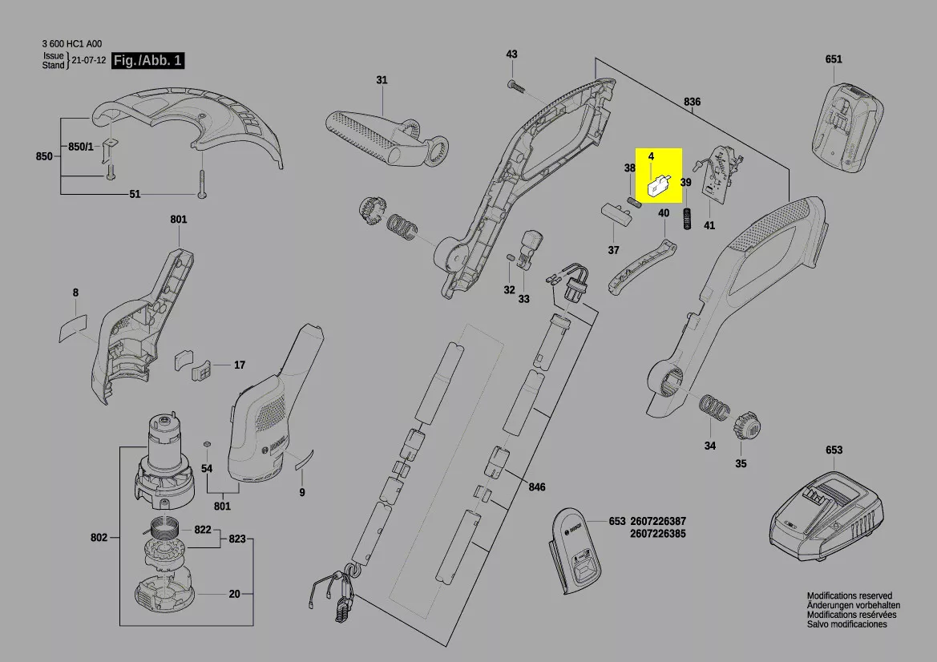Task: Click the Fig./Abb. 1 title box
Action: click(149, 61)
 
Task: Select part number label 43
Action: click(511, 54)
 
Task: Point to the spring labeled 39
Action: click(687, 217)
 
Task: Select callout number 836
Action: click(692, 102)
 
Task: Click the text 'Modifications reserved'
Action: click(849, 596)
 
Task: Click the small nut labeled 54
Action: click(207, 442)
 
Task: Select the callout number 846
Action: click(536, 487)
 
